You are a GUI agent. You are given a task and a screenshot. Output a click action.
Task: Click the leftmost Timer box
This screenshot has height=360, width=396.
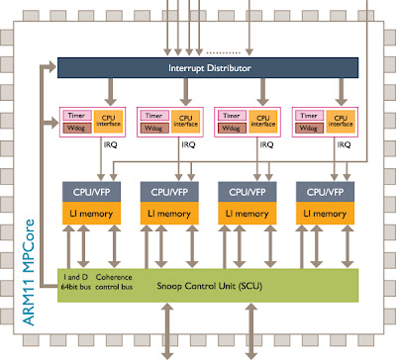click(x=77, y=115)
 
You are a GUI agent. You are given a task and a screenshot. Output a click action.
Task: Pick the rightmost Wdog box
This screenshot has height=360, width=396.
click(x=307, y=129)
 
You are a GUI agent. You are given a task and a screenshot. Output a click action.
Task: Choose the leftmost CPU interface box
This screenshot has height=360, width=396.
click(x=105, y=121)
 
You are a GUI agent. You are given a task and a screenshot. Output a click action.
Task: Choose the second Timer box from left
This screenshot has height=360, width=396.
click(x=153, y=115)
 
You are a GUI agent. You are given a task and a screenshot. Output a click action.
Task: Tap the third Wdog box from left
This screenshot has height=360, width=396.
click(x=231, y=129)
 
